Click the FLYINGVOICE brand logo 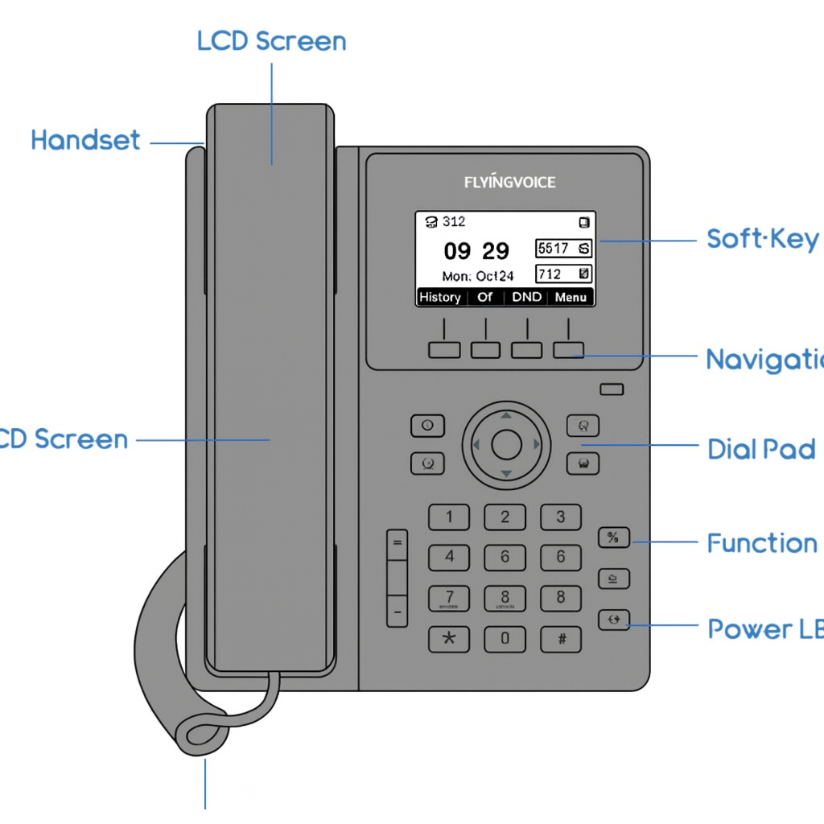509,182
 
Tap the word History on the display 440,297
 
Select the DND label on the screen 527,297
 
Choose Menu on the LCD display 571,297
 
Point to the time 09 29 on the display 476,252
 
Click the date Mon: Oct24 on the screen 478,276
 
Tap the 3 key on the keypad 561,517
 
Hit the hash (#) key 561,640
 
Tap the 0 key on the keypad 505,640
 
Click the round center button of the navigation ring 506,444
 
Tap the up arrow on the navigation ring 506,416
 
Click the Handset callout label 85,140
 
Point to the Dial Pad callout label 761,449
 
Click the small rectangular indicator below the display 612,389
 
